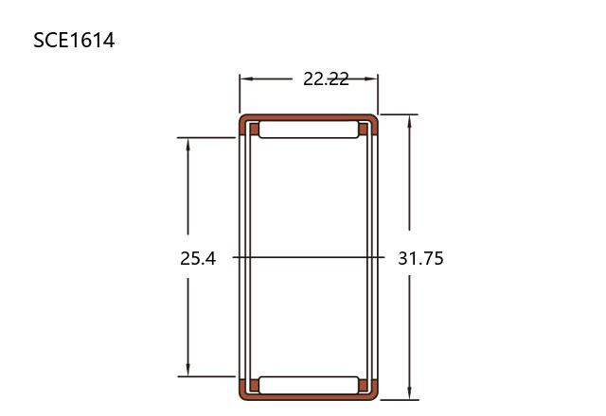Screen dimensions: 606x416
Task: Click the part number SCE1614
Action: (x=74, y=41)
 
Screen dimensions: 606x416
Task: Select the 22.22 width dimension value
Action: (x=326, y=79)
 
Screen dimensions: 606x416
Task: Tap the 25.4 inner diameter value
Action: (x=198, y=258)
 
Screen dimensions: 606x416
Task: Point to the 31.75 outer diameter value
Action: (x=420, y=258)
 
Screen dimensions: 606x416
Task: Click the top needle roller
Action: (x=309, y=130)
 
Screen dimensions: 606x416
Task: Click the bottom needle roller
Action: (x=309, y=385)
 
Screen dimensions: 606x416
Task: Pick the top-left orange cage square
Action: (x=254, y=129)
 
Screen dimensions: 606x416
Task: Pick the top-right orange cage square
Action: (x=364, y=129)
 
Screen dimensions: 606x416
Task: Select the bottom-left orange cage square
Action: (x=254, y=385)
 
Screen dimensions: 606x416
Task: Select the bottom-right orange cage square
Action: (x=364, y=385)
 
